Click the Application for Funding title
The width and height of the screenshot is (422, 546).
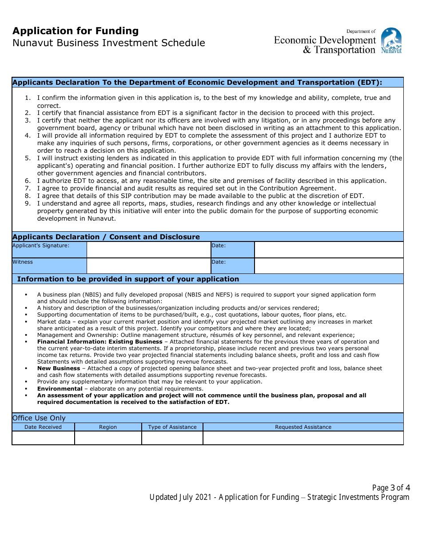coord(76,31)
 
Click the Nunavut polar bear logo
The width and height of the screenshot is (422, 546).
coord(391,40)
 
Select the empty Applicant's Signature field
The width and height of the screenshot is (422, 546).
coord(148,250)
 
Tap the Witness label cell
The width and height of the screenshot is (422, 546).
coord(49,266)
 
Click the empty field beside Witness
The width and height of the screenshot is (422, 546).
coord(148,266)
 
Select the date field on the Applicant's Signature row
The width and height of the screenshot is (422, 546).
coord(329,250)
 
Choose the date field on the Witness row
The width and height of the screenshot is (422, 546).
coord(329,266)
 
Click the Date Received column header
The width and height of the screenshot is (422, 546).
coord(43,427)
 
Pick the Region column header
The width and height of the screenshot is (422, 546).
coord(108,427)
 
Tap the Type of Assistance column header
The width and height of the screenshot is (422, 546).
coord(172,427)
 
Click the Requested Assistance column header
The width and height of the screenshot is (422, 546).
coord(303,427)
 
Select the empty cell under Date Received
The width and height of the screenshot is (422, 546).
coord(43,438)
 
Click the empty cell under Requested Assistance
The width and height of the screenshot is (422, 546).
coord(303,438)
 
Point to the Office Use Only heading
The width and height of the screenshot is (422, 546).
coord(39,418)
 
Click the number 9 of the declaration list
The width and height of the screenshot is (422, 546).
coord(28,204)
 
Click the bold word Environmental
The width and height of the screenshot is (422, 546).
coord(60,388)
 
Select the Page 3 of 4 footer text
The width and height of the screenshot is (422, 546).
coord(391,488)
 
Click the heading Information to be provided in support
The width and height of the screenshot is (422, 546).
coord(128,279)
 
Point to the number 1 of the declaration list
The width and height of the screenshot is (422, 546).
coord(28,98)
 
